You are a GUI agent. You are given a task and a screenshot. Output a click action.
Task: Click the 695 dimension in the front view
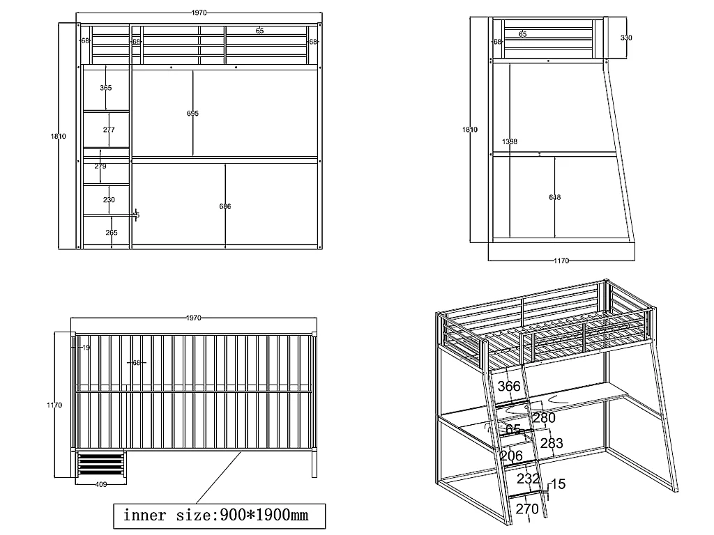(193, 114)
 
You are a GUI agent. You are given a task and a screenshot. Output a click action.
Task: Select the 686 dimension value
(225, 206)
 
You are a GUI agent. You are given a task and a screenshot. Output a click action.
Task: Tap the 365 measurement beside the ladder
(106, 88)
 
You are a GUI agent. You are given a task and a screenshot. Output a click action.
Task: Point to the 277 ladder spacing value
(109, 130)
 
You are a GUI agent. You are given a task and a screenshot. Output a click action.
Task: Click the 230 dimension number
(109, 200)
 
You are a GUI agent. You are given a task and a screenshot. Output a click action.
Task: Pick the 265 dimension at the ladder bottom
(112, 233)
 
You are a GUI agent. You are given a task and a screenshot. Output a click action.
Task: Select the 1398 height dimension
(510, 142)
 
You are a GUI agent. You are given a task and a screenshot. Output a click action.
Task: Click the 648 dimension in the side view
(554, 197)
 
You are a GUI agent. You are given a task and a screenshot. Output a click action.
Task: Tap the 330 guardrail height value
(626, 38)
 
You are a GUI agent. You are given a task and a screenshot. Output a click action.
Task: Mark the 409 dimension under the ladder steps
(100, 485)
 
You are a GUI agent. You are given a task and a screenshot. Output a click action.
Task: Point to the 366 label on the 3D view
(509, 386)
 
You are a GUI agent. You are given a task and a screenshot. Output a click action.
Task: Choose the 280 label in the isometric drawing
(544, 418)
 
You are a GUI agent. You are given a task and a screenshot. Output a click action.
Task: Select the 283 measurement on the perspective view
(552, 444)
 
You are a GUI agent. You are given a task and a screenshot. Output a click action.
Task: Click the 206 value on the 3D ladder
(512, 456)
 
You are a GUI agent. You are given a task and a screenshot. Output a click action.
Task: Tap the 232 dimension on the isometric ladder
(528, 480)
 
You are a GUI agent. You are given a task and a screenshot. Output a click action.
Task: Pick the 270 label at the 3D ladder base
(526, 509)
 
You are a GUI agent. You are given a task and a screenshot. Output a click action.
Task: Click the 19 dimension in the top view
(86, 347)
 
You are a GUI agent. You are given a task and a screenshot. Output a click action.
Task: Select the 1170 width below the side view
(561, 261)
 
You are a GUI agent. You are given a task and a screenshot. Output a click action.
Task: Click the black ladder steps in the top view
(100, 465)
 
